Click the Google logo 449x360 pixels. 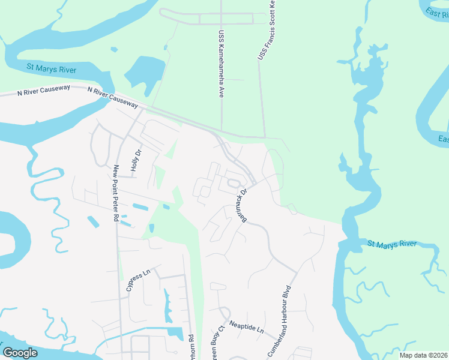coord(20,352)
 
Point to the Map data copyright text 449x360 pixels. coord(423,355)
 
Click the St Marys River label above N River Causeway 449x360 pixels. coord(51,70)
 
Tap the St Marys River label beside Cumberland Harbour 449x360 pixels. coord(391,244)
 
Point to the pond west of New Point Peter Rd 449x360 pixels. coord(93,221)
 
